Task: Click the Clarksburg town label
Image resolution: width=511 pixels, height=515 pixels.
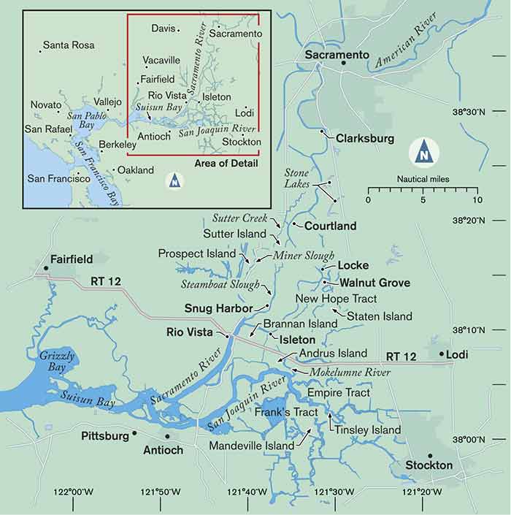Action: [x=364, y=138]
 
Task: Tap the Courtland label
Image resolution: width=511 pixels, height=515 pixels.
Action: [x=330, y=226]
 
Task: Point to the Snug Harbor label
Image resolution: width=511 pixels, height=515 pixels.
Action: [x=218, y=308]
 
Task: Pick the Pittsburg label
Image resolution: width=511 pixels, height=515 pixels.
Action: [x=105, y=436]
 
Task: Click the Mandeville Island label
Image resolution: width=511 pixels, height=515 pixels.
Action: [x=252, y=445]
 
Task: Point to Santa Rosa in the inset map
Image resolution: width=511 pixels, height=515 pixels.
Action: [x=69, y=45]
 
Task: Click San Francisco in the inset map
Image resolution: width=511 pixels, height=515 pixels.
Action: [x=61, y=178]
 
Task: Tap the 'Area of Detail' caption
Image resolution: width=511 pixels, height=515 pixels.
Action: [x=226, y=162]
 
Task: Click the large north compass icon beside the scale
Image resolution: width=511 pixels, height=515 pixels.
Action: [x=423, y=153]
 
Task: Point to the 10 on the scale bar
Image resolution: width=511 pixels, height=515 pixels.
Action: [x=477, y=199]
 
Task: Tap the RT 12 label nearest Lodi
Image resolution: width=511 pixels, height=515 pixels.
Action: [x=401, y=356]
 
